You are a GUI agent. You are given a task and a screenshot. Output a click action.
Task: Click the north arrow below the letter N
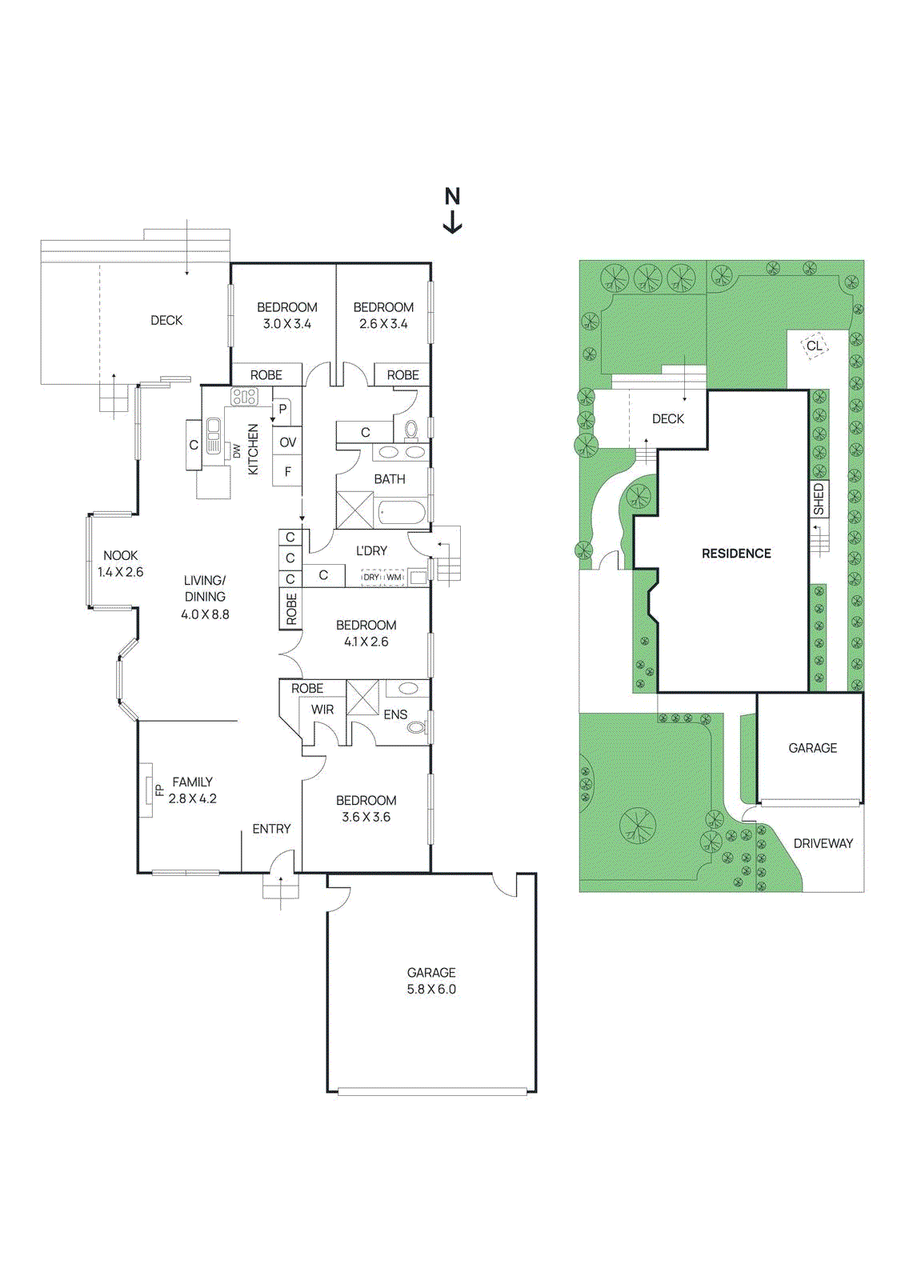[452, 223]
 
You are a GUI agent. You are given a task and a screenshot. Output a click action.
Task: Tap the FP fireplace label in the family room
[160, 790]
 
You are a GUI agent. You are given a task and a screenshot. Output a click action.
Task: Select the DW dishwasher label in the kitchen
[237, 451]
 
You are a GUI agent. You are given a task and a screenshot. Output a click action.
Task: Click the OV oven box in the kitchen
[287, 442]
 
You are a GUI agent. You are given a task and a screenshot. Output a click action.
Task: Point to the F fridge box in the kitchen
[287, 471]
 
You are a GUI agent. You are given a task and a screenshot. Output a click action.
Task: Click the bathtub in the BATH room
[402, 512]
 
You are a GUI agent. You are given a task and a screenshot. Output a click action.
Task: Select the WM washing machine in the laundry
[394, 577]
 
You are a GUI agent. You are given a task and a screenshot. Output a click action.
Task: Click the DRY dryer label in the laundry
[371, 577]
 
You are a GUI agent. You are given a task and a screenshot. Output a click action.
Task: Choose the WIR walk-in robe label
[322, 710]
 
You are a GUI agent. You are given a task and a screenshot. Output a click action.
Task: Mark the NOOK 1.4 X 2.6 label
[120, 563]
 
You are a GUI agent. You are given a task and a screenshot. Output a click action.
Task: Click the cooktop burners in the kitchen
[245, 397]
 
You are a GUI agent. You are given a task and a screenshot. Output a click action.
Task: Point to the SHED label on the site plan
[819, 499]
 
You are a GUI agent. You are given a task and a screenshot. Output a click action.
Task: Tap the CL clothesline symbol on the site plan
[814, 346]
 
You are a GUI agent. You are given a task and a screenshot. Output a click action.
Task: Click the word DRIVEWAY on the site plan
[823, 843]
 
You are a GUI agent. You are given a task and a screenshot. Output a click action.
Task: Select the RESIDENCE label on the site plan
[736, 553]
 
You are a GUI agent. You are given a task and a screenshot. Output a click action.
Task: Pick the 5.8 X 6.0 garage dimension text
[431, 989]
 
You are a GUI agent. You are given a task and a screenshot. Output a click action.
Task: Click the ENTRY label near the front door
[271, 829]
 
